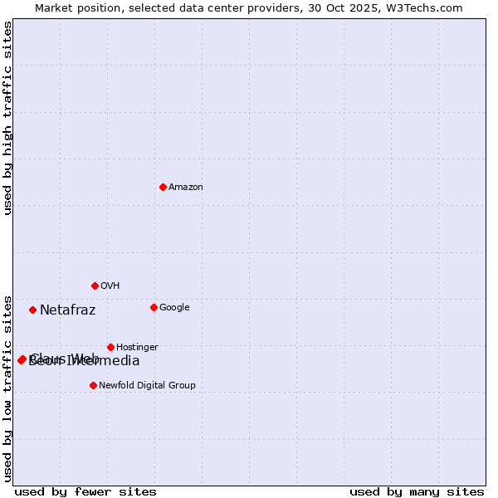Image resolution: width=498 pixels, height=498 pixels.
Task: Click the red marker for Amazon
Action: (163, 187)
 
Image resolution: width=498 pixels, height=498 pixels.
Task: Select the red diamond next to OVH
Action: (95, 286)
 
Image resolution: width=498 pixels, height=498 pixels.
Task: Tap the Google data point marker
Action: (154, 307)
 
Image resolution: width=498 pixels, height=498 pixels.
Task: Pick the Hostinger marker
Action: (110, 347)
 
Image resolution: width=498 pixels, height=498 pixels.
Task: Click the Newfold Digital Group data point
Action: (93, 385)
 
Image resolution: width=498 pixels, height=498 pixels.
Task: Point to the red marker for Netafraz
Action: (32, 310)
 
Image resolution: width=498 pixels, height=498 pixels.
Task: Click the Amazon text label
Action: (186, 188)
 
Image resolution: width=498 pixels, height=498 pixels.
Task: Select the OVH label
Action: (110, 286)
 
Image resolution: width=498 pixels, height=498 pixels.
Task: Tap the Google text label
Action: (174, 308)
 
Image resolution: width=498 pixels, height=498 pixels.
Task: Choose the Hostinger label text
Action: (137, 348)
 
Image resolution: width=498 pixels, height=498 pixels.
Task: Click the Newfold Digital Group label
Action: (147, 386)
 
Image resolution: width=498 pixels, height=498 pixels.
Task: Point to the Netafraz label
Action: (67, 310)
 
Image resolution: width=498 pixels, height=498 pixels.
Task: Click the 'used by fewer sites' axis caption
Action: (85, 492)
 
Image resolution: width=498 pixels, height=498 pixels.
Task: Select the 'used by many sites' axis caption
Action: (417, 492)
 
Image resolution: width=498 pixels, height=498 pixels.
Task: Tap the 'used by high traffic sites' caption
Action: (7, 118)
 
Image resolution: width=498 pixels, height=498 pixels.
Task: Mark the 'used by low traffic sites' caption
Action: (7, 388)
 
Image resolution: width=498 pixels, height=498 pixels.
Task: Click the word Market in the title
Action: (54, 8)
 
